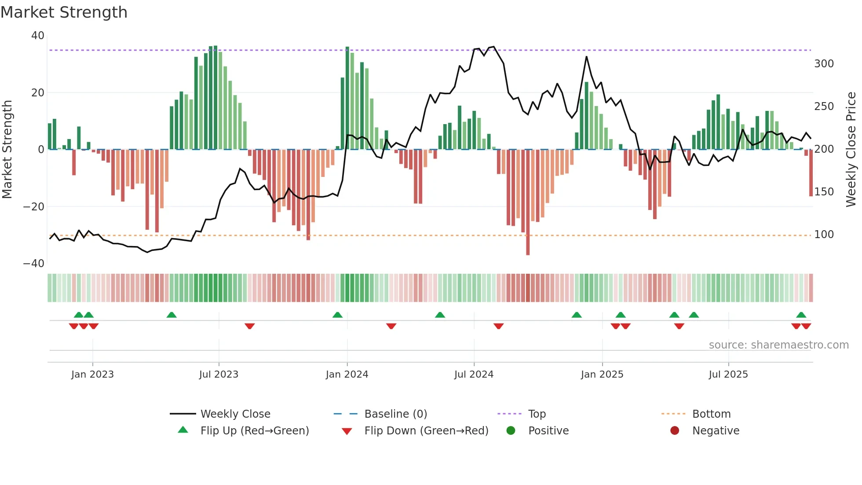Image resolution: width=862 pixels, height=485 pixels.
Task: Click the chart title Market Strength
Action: [x=64, y=12]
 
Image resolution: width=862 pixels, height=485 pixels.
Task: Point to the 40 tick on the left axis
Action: [x=38, y=36]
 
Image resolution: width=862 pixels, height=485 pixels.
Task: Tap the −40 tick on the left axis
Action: [x=34, y=264]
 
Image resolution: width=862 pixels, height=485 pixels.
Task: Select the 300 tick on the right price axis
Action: [x=824, y=64]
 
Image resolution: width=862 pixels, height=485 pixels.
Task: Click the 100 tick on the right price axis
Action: [x=824, y=235]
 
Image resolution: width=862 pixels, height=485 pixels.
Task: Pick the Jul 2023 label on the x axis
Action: [x=219, y=375]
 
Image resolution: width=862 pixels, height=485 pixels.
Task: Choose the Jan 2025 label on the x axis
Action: [x=602, y=375]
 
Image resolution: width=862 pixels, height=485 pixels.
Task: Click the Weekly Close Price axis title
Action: [x=851, y=150]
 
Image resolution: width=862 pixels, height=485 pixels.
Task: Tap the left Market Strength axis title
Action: [x=7, y=150]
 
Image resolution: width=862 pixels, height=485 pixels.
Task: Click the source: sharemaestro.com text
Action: [x=778, y=345]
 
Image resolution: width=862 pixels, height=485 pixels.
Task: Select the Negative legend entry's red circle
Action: [x=675, y=430]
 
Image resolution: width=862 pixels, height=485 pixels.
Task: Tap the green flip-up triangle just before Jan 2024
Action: [x=337, y=315]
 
